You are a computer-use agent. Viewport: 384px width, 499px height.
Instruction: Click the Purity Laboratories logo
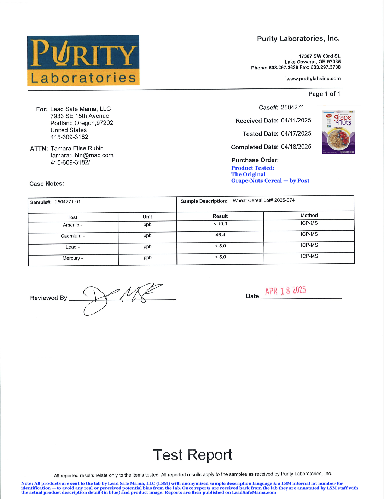83,61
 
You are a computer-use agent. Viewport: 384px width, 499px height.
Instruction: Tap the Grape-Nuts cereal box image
338,132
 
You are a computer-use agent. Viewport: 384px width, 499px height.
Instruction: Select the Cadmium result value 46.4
220,235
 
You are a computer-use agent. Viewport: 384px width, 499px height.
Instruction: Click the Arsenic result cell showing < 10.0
220,224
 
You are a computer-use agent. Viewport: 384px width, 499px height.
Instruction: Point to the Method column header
309,216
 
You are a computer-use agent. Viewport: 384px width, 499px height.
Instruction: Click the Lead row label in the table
72,247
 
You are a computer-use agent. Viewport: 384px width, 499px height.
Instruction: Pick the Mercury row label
72,258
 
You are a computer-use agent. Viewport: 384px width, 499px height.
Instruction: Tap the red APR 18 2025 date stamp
286,291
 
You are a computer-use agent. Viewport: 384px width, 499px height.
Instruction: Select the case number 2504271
292,107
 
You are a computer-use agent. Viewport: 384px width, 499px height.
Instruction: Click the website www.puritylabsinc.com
314,79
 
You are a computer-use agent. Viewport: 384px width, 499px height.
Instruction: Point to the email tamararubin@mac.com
82,155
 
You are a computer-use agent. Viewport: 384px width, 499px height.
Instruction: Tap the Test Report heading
193,455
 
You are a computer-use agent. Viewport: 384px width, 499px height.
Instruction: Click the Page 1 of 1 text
324,94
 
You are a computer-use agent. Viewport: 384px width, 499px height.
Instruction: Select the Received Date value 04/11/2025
296,120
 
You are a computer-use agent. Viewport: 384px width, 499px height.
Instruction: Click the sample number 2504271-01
68,202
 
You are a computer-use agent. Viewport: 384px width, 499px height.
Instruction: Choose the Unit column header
147,217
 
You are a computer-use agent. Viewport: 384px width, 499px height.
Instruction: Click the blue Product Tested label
253,168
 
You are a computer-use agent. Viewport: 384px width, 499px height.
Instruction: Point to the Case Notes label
47,184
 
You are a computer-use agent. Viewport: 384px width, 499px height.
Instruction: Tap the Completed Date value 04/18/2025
296,147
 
